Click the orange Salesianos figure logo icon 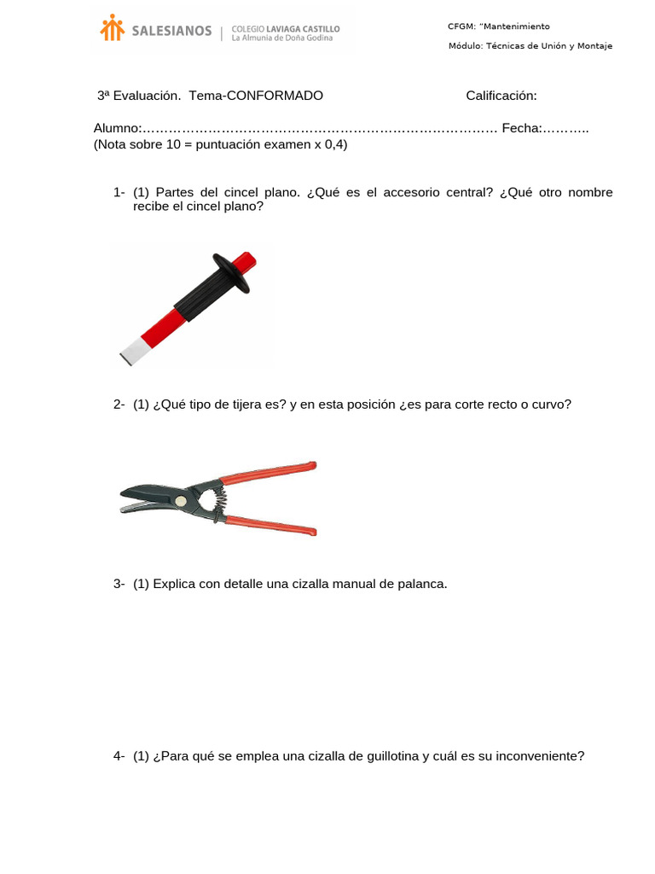click(112, 28)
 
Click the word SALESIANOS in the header click(171, 31)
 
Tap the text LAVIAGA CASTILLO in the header click(303, 29)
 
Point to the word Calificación click(501, 96)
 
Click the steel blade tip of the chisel click(132, 351)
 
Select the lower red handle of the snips click(273, 523)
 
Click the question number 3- click(119, 584)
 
